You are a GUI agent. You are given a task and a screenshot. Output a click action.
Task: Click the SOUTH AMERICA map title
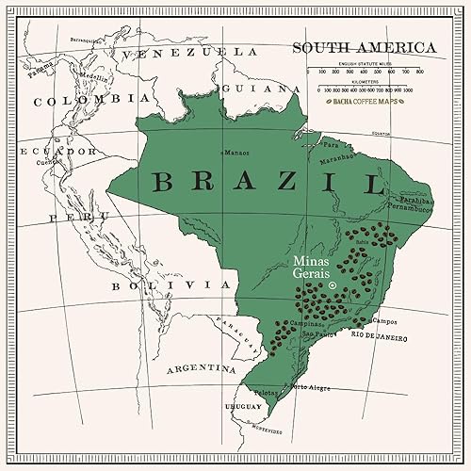(x=363, y=46)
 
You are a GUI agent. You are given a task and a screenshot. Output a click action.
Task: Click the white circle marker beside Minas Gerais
(x=333, y=284)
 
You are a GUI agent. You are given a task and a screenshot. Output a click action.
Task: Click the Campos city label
(x=385, y=321)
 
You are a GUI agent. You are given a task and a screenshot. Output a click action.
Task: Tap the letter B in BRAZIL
(x=164, y=181)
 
